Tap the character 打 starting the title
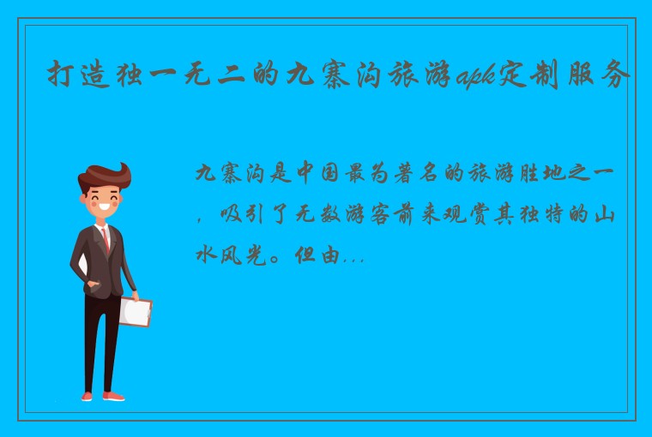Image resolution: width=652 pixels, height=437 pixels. (58, 76)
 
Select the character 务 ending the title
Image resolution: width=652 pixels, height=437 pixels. (616, 76)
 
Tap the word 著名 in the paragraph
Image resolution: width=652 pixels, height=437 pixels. (404, 173)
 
